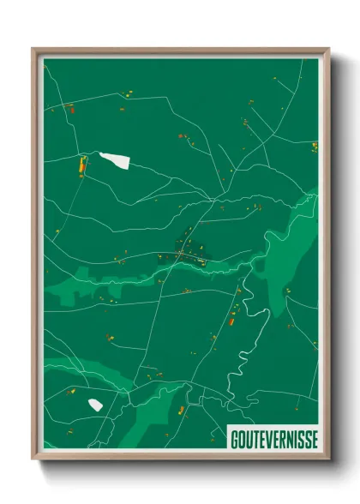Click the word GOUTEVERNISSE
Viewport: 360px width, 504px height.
273,439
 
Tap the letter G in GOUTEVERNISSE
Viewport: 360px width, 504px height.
234,439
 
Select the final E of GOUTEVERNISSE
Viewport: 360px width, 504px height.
313,439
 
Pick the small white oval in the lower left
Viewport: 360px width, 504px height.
95,405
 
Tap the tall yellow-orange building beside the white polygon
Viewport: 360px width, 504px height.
83,165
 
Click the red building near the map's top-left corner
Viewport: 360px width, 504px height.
71,108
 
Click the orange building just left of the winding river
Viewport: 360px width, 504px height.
231,321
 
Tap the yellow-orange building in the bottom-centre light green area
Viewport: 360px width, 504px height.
181,411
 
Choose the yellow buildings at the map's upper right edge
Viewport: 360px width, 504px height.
314,146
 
